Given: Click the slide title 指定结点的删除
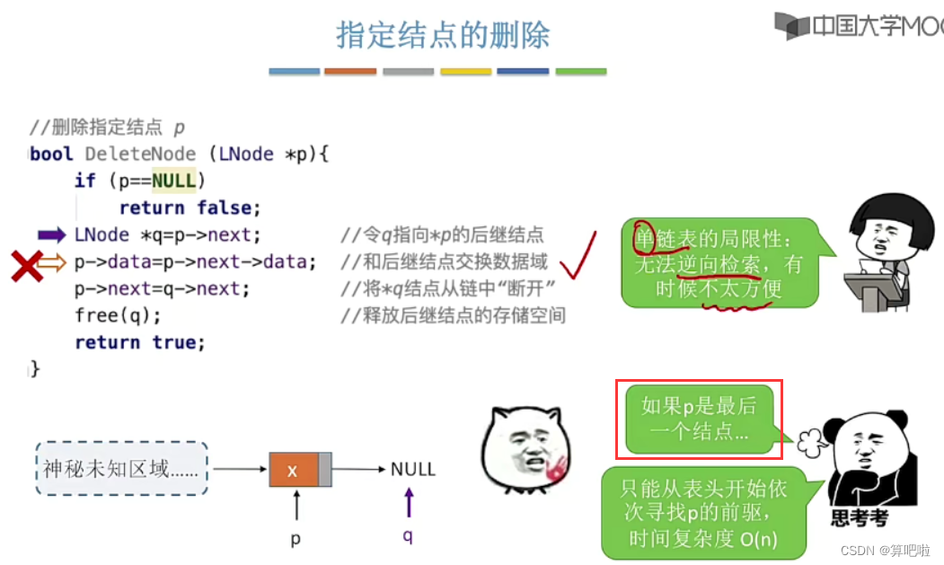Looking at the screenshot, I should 443,36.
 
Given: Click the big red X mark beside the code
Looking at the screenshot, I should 27,265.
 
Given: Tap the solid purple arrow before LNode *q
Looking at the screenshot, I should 52,235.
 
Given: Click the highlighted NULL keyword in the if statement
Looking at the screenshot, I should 173,181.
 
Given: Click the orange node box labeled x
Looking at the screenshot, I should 294,470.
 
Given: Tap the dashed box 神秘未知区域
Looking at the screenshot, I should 122,469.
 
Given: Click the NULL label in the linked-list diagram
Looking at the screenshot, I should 412,469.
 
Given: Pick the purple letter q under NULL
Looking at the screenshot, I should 410,535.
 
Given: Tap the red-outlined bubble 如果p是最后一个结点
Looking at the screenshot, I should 699,419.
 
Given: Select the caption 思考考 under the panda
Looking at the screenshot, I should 860,518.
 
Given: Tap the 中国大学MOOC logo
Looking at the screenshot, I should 859,26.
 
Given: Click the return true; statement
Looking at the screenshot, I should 140,342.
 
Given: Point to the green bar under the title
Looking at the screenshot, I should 580,72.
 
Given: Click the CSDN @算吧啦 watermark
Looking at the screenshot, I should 886,550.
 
